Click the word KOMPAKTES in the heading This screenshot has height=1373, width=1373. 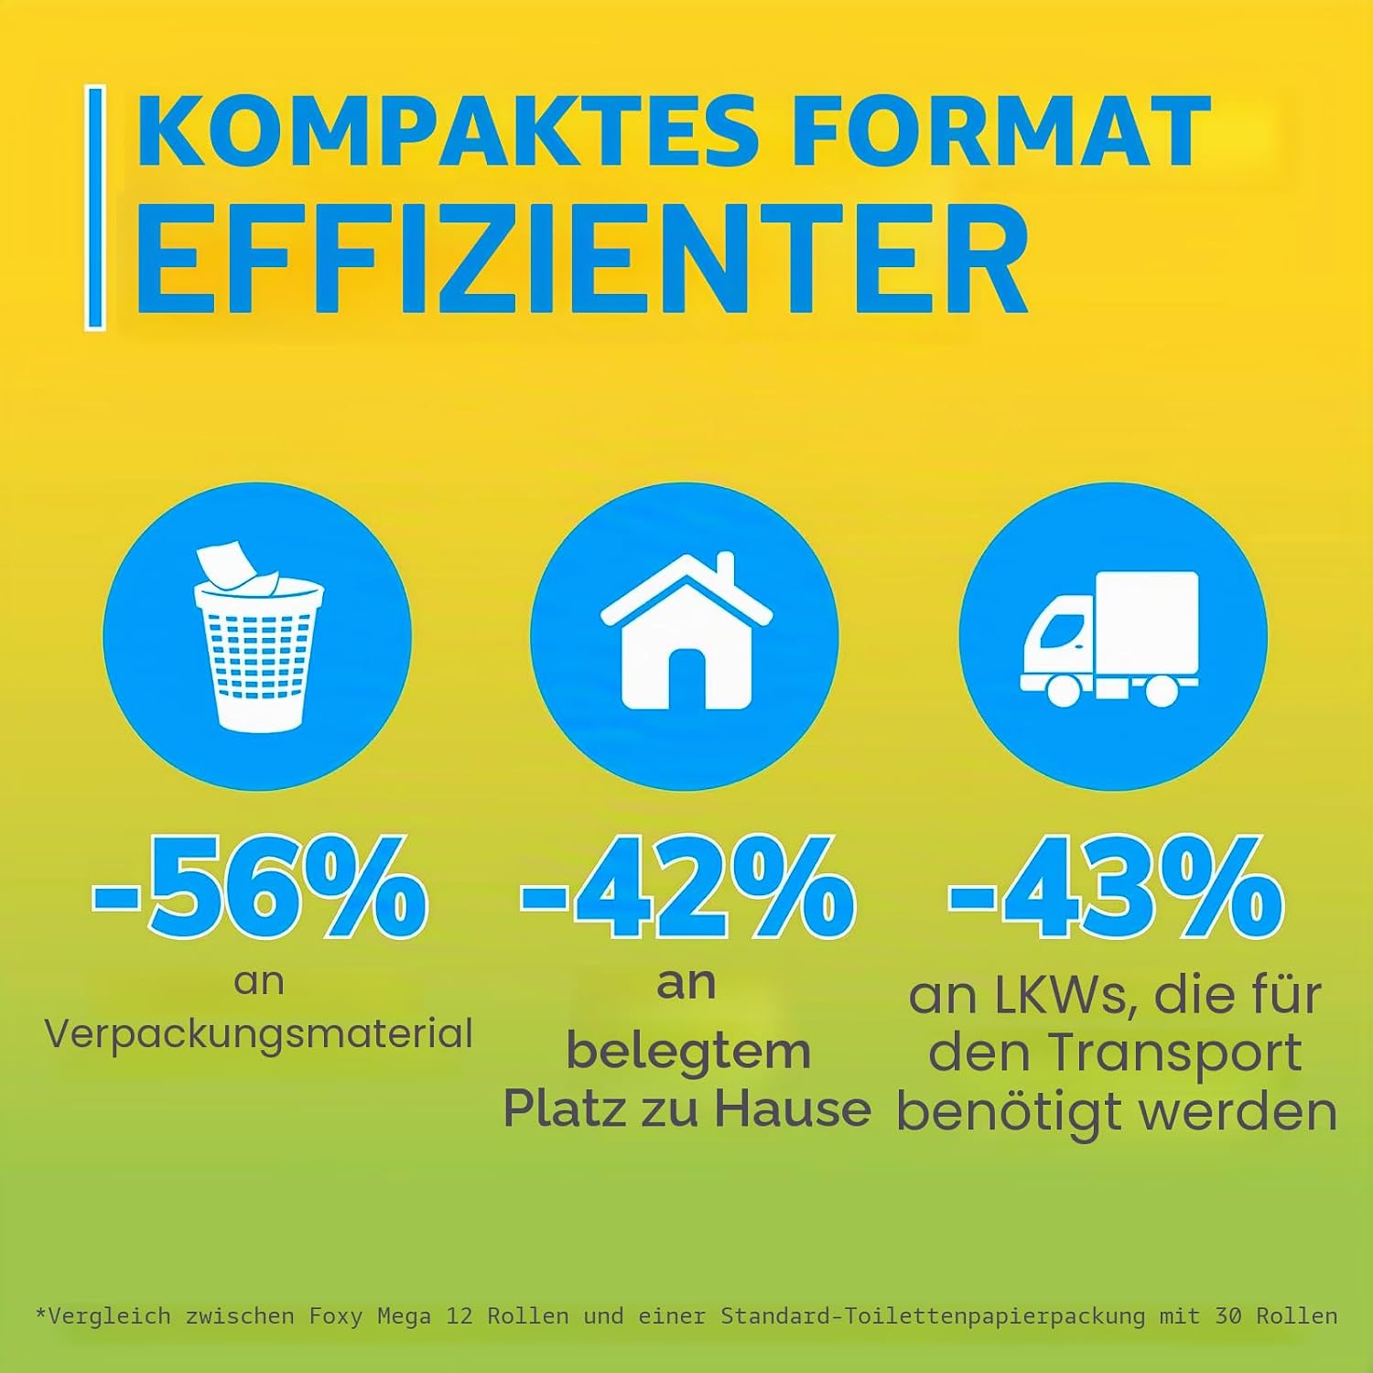(x=448, y=130)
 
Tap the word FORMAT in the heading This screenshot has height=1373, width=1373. (x=1000, y=130)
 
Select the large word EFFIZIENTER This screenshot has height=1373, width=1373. (x=582, y=259)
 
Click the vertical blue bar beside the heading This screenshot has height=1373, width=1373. (x=95, y=207)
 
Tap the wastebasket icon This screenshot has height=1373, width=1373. (x=259, y=637)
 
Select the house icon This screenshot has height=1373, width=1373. (x=686, y=631)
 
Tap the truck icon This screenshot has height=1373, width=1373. (x=1110, y=639)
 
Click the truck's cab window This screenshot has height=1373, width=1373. (x=1057, y=628)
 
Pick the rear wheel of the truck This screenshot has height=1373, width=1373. (x=1162, y=690)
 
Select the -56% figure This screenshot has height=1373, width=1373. (x=259, y=889)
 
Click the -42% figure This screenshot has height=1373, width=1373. (x=687, y=889)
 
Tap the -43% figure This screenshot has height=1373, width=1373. (x=1116, y=889)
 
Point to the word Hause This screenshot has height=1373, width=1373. (x=793, y=1109)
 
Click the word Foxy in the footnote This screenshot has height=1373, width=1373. (x=336, y=1316)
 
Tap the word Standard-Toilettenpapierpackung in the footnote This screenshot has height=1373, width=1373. (x=933, y=1317)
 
